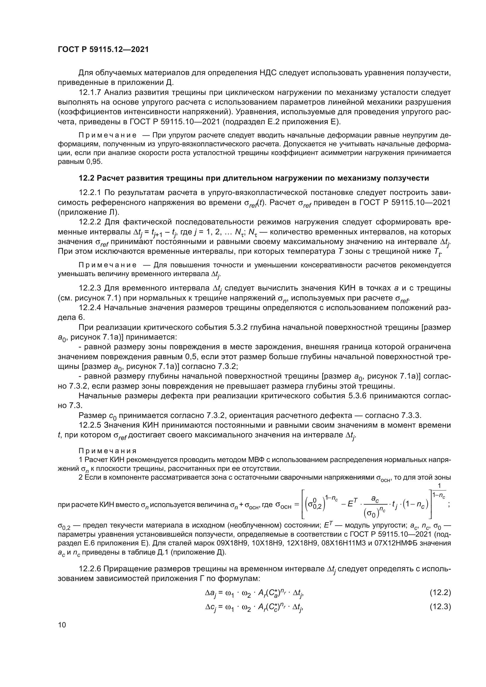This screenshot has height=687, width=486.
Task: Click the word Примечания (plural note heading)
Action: [108, 451]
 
